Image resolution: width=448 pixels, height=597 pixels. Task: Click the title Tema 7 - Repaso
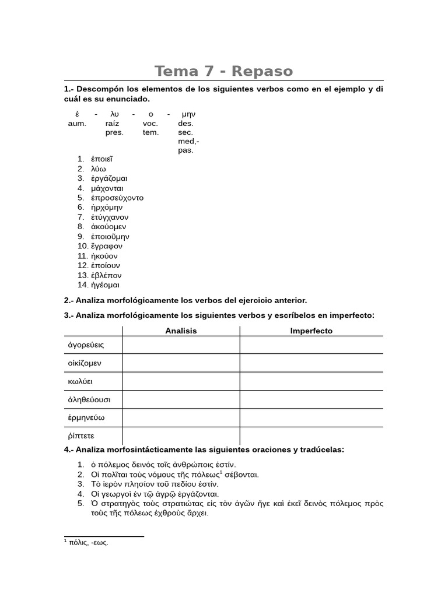pos(223,71)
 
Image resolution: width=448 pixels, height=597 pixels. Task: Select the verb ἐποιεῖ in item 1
pos(101,159)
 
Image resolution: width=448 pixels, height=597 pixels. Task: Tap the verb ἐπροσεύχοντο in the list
pos(117,198)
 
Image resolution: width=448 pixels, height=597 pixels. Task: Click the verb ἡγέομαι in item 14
pos(105,285)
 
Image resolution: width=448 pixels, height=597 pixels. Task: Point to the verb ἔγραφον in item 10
pos(107,246)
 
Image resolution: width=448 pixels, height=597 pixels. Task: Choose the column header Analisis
pos(181,331)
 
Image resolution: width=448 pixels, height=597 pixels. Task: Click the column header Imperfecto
pos(311,331)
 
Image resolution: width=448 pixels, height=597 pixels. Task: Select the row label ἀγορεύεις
pos(86,345)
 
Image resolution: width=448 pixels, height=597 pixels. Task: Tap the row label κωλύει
pos(80,381)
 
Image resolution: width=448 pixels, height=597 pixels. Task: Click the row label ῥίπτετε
pos(81,436)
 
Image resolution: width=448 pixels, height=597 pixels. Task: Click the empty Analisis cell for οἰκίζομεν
pos(181,363)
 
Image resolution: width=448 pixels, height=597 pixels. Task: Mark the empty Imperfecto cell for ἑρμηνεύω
pos(311,417)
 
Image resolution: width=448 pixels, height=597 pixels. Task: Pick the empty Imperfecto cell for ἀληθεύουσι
pos(311,399)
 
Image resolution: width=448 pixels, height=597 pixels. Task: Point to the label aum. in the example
pos(77,123)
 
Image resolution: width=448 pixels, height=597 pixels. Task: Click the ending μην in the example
pos(188,114)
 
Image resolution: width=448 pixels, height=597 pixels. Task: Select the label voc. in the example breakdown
pos(150,123)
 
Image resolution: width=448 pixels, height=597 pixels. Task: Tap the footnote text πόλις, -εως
pos(88,542)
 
